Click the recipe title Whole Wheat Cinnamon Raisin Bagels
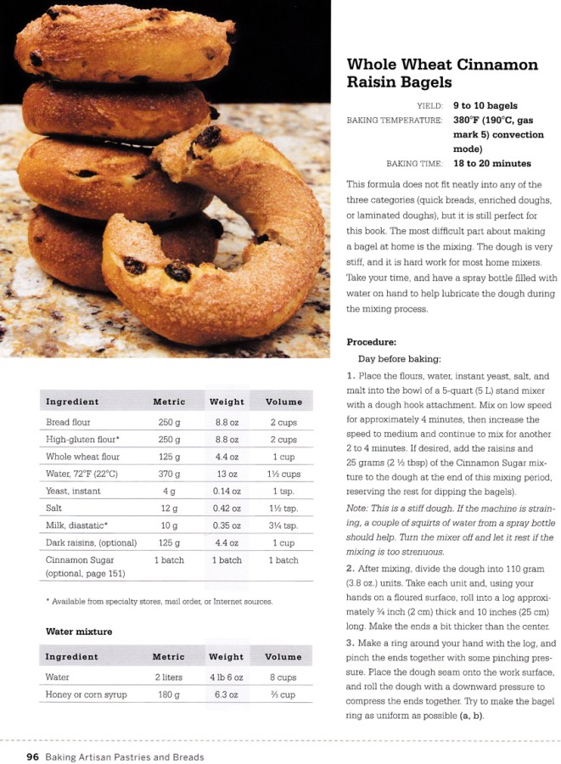(x=441, y=74)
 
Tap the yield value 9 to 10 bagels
(x=485, y=106)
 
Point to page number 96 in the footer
(x=33, y=756)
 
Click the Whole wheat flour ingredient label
(x=82, y=457)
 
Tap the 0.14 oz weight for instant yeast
(x=226, y=492)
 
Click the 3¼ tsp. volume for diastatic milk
(x=283, y=526)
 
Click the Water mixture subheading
(x=78, y=632)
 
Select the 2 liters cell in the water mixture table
(x=169, y=677)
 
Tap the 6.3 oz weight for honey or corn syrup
(x=226, y=694)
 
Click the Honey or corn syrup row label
(x=87, y=694)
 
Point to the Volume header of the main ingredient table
(x=283, y=402)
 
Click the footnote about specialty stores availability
(x=159, y=601)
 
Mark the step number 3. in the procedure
(x=351, y=643)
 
